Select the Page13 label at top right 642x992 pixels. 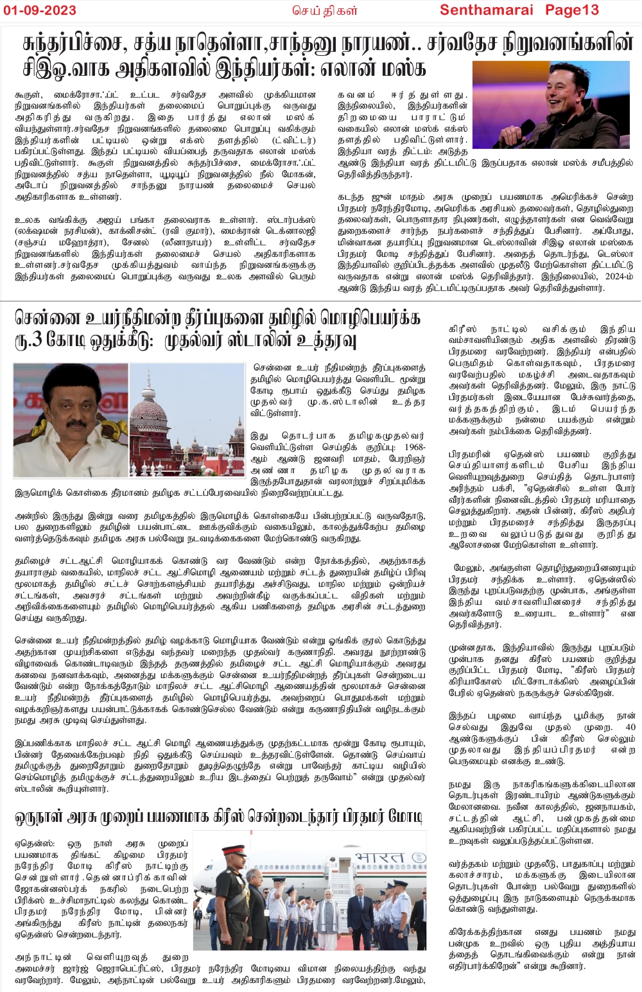pyautogui.click(x=572, y=10)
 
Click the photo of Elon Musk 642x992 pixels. pyautogui.click(x=551, y=105)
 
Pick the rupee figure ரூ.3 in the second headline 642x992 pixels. pyautogui.click(x=28, y=340)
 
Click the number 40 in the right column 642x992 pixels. pyautogui.click(x=630, y=727)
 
